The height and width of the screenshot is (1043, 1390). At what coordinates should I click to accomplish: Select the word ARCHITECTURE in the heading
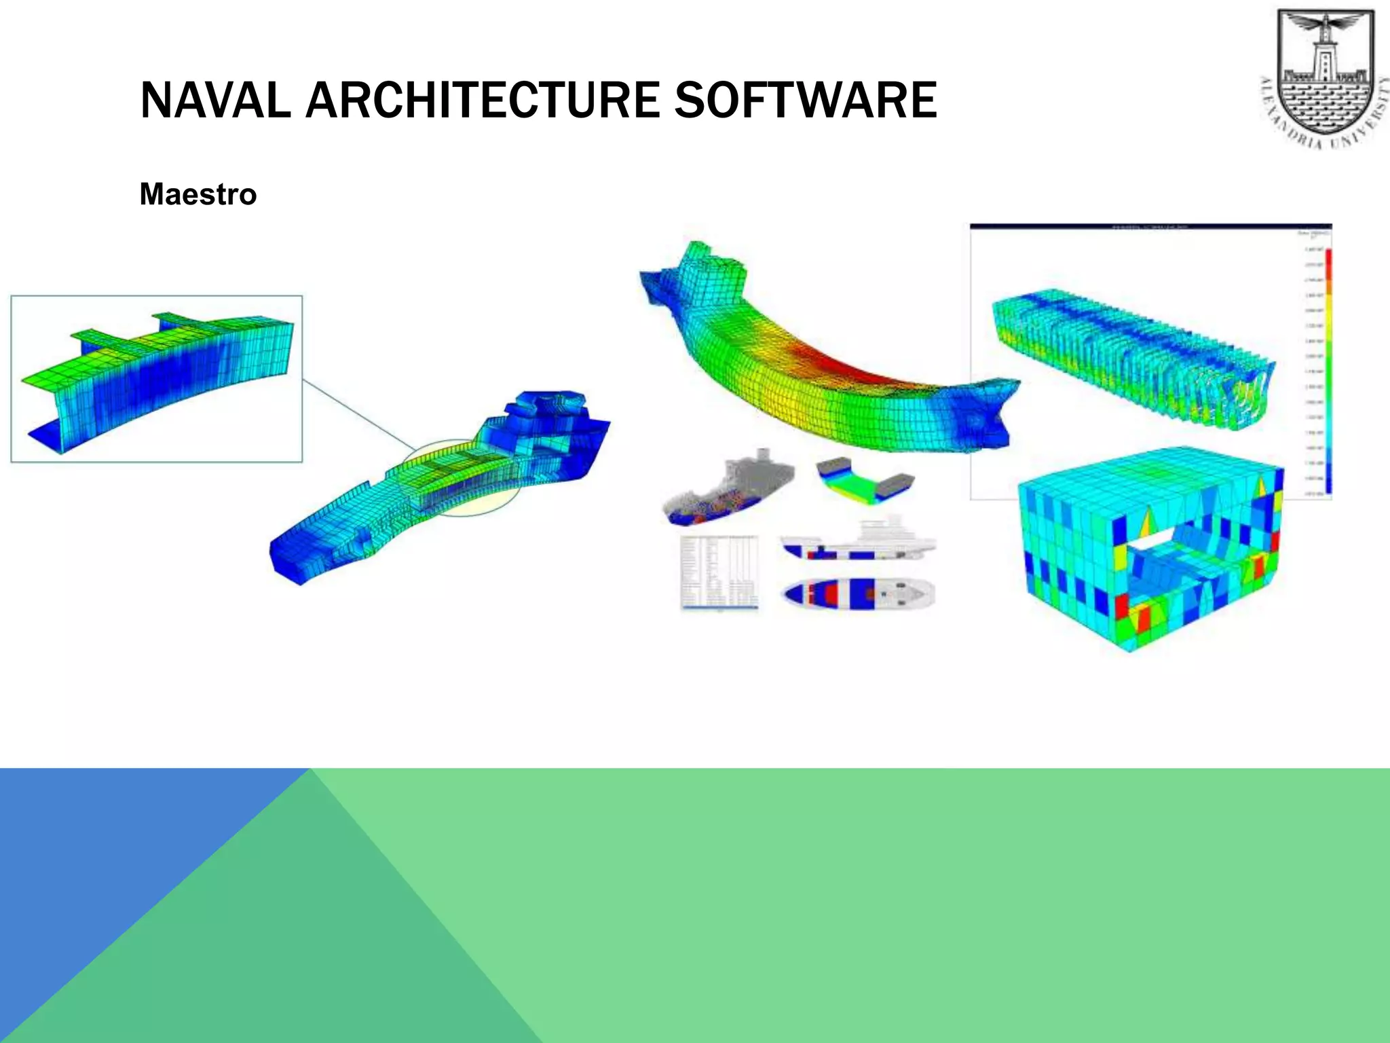coord(482,100)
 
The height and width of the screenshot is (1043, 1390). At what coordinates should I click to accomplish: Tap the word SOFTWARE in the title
coord(805,100)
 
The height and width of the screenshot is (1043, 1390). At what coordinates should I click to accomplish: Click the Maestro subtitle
coord(198,194)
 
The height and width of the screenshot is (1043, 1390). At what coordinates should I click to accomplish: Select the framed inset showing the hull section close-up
coord(156,379)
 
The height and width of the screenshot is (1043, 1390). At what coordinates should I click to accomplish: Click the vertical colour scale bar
coord(1328,370)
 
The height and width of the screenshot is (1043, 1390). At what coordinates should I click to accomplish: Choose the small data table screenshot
coord(719,572)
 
